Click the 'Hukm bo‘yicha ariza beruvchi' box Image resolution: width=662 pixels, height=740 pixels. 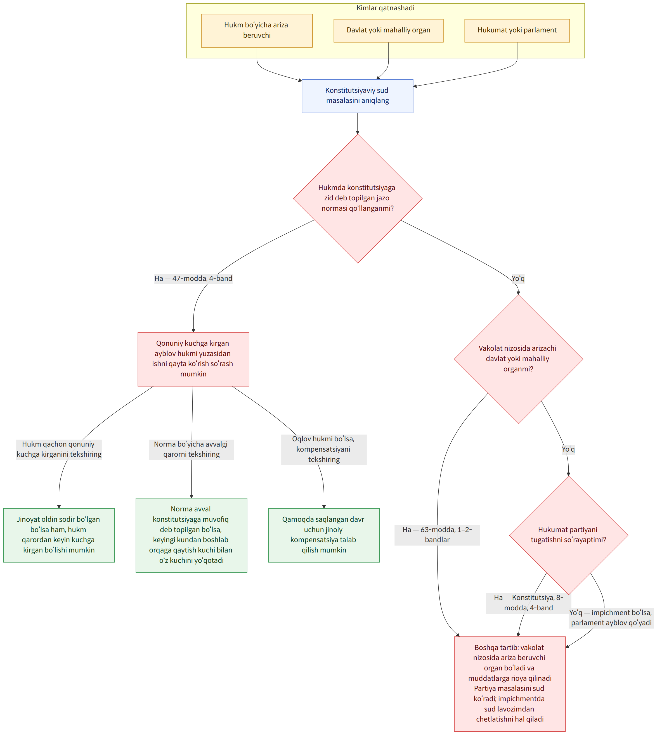[257, 30]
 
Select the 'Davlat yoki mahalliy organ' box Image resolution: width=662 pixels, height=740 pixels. [389, 30]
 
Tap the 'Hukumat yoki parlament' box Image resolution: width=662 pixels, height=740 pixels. [517, 30]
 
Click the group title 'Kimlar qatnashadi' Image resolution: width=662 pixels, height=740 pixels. [385, 8]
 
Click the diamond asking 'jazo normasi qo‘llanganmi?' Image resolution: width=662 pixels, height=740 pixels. [358, 198]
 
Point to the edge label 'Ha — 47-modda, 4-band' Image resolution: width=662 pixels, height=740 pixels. [193, 279]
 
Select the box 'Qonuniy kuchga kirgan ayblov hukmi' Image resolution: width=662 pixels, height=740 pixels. [193, 359]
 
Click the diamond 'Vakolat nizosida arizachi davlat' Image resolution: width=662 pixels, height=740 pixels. [518, 359]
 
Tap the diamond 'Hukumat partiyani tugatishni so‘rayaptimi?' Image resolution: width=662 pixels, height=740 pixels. [569, 535]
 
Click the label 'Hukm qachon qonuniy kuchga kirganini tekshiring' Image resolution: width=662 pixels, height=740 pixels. [59, 449]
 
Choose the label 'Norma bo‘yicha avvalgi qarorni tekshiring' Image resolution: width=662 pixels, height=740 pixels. [191, 449]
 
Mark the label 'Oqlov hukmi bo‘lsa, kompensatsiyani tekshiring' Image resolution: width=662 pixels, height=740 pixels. [324, 449]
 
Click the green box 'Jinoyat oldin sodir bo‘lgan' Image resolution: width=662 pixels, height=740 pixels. [59, 535]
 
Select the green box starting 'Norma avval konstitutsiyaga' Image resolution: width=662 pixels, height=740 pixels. [191, 535]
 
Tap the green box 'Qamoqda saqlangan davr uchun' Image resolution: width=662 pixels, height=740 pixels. [324, 535]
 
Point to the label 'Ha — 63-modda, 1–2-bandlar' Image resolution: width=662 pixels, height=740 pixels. [437, 535]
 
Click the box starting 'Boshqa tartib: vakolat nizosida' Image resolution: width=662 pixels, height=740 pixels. [510, 684]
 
